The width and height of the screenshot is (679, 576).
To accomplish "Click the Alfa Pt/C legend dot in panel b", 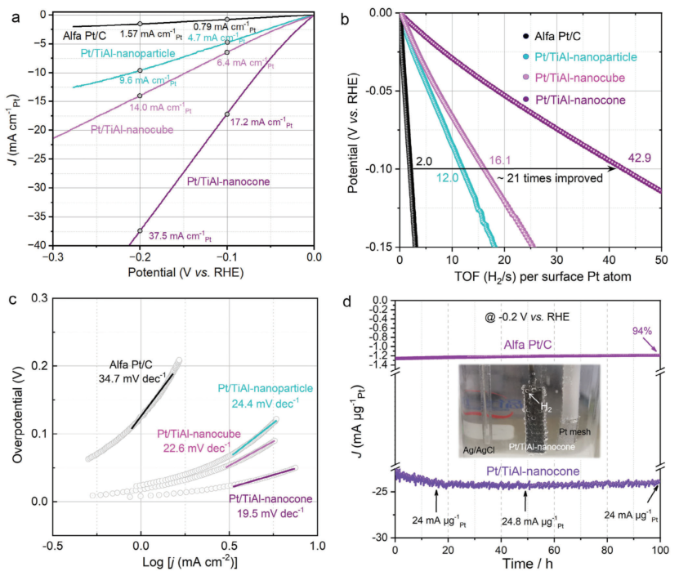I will [x=525, y=36].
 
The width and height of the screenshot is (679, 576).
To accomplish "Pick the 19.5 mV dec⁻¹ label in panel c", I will [x=267, y=512].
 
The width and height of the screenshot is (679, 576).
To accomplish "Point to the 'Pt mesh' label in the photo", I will [x=574, y=430].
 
